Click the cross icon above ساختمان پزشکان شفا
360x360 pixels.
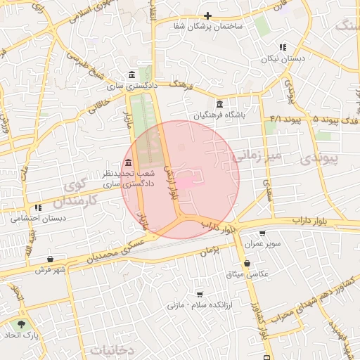point(207,15)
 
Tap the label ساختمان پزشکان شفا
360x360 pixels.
point(209,26)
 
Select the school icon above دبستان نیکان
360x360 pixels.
point(283,47)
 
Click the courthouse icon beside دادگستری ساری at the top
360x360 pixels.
point(131,76)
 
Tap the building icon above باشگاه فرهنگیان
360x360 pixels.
point(220,104)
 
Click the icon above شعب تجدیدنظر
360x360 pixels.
point(127,163)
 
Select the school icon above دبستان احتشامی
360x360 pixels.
point(37,207)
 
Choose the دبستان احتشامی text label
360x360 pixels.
point(37,218)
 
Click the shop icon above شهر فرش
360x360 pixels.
point(50,259)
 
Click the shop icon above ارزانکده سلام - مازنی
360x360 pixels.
point(200,295)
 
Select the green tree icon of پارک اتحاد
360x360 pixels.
point(20,325)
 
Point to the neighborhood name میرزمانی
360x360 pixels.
point(257,155)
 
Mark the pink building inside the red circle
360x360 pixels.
point(186,182)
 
